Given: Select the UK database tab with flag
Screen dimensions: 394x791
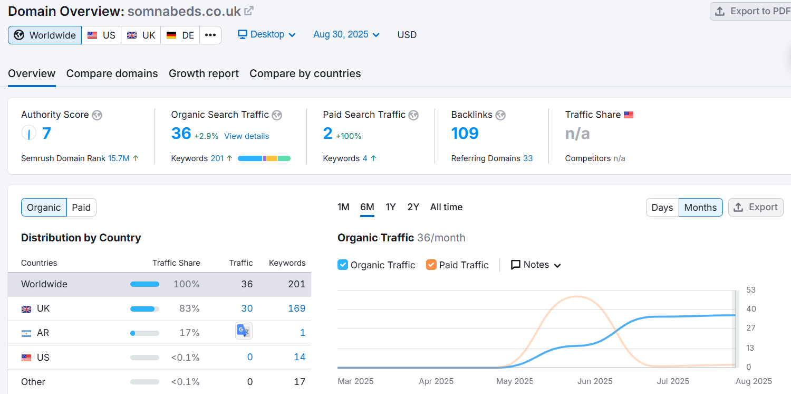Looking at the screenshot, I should [x=141, y=35].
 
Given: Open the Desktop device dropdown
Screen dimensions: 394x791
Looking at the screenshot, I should [x=267, y=34].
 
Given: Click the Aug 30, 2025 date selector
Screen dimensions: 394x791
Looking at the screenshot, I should [x=346, y=34].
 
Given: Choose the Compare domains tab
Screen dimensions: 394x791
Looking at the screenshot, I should [x=112, y=73].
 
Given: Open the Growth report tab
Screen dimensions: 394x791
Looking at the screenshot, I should [x=204, y=73].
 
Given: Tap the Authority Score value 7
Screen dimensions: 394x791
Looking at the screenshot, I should [x=46, y=133].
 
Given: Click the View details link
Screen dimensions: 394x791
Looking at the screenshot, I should [x=246, y=136].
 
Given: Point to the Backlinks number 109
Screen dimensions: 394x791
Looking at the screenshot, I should [x=465, y=133].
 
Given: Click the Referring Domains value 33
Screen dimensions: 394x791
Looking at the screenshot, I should [x=528, y=158].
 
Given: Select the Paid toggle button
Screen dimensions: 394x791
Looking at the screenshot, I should [x=81, y=208].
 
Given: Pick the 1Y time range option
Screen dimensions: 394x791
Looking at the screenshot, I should [x=391, y=207].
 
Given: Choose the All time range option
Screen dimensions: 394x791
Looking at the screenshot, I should [x=446, y=207].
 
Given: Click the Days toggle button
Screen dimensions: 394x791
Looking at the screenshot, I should [x=662, y=208].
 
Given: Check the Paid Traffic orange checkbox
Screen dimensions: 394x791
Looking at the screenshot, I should [x=431, y=265].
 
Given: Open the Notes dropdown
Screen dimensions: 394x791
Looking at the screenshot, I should [x=536, y=265].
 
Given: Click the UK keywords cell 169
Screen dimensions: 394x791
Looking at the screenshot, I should [x=296, y=308].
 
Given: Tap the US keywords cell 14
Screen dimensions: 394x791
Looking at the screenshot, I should [x=300, y=358].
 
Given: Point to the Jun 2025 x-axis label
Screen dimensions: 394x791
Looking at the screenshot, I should [x=595, y=381].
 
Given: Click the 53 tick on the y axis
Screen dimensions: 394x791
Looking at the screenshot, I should [x=751, y=290].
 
